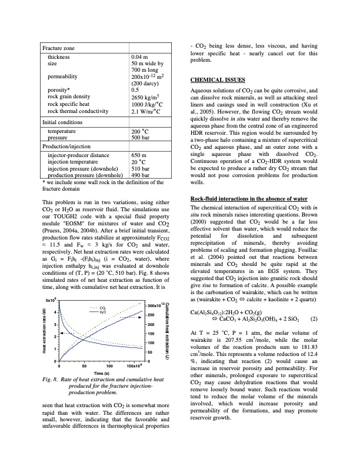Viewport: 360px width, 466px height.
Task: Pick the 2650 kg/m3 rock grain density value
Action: [144, 96]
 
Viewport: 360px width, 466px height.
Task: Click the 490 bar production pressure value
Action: [140, 175]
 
